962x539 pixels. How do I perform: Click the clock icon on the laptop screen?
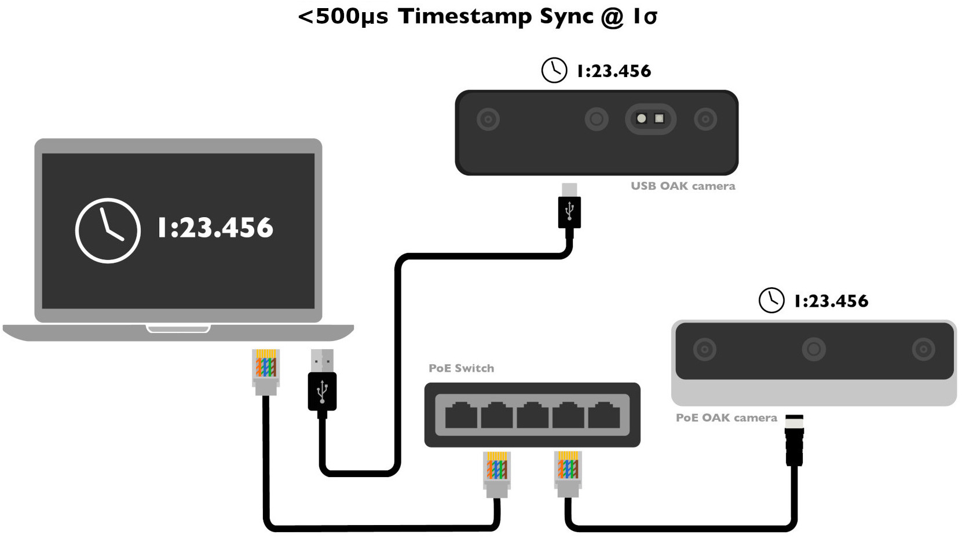pos(108,230)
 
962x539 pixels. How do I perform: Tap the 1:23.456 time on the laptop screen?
pos(215,228)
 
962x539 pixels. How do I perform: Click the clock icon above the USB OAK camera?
pos(554,70)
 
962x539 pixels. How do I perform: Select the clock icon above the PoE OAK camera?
pos(771,300)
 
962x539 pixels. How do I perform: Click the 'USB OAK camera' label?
pos(683,186)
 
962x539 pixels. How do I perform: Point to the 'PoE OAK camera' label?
pos(726,417)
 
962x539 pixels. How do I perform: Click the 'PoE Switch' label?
pos(461,368)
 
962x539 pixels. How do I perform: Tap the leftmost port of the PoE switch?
pos(461,415)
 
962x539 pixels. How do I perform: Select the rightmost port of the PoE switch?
pos(604,415)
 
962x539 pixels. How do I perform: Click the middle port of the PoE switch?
pos(532,415)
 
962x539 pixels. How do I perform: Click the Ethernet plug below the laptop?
pos(266,371)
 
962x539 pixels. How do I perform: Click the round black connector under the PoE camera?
pos(795,441)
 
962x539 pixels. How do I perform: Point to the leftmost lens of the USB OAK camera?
pos(488,119)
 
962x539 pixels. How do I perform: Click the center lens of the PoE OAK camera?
pos(814,349)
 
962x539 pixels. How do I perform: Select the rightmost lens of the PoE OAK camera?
pos(923,349)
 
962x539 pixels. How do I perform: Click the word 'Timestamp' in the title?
pos(464,16)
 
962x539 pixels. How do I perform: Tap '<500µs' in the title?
pos(343,16)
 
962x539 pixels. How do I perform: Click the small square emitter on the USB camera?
pos(659,119)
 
